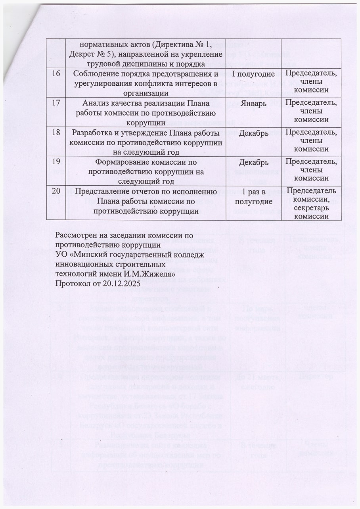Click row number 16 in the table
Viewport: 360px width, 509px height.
pyautogui.click(x=57, y=74)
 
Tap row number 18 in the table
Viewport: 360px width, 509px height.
pyautogui.click(x=57, y=133)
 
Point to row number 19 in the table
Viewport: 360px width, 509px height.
pyautogui.click(x=57, y=162)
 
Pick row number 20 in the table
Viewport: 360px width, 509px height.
pyautogui.click(x=57, y=191)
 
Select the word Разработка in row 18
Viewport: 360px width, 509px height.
pyautogui.click(x=94, y=133)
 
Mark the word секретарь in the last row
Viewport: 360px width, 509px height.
pyautogui.click(x=313, y=207)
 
